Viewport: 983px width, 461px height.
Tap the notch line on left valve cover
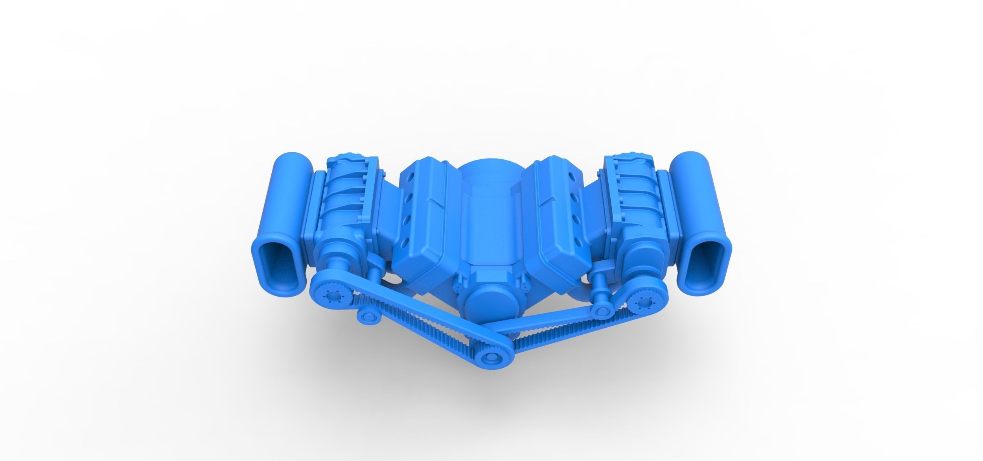click(x=437, y=205)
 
